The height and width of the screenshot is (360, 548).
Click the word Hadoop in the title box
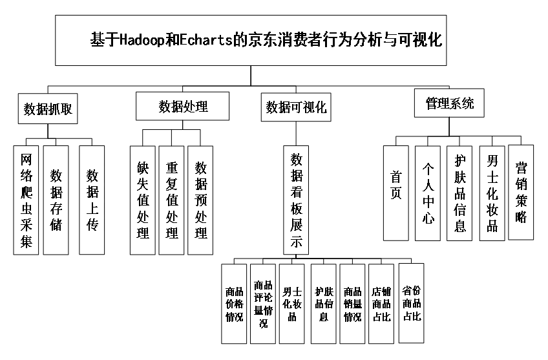(142, 39)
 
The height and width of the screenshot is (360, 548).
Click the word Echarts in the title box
(206, 39)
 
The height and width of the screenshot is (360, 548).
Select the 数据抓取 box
(48, 109)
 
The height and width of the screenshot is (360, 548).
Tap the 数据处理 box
(182, 106)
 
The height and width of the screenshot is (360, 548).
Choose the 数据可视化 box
(296, 107)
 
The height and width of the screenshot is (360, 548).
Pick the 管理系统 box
(449, 103)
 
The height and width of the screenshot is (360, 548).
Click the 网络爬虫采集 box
(26, 200)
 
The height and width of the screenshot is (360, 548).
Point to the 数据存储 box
(56, 200)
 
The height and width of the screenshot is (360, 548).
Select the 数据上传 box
(92, 200)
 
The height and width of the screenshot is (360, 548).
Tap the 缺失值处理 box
(143, 200)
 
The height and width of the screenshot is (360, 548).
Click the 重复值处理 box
(171, 200)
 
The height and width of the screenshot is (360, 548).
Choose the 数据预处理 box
(200, 200)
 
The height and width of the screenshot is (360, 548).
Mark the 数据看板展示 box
(296, 200)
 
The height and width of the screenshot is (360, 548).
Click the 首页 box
(396, 193)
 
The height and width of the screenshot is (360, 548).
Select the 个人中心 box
(428, 193)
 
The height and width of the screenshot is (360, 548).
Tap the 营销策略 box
(521, 192)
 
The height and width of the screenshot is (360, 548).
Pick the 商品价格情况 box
(234, 304)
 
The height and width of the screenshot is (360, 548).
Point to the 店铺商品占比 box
(381, 304)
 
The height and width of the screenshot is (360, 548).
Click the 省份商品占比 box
(412, 303)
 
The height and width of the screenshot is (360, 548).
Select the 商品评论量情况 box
(263, 304)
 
